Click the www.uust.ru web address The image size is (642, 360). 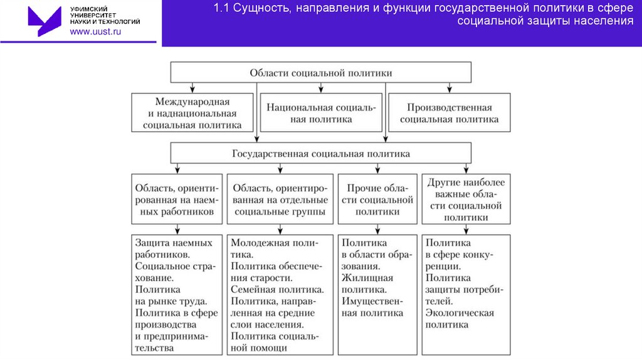[95, 32]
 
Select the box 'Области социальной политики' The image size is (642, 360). [321, 73]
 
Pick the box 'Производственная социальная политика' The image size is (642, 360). [450, 113]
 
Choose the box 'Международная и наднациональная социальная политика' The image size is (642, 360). [192, 113]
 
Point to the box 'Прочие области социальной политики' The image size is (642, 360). [377, 199]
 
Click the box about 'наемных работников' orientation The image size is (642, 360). [177, 199]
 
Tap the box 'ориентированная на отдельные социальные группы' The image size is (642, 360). [280, 199]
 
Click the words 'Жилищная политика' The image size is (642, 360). [367, 283]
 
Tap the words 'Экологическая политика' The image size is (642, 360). [460, 319]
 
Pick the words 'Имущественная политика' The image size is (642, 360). [372, 307]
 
